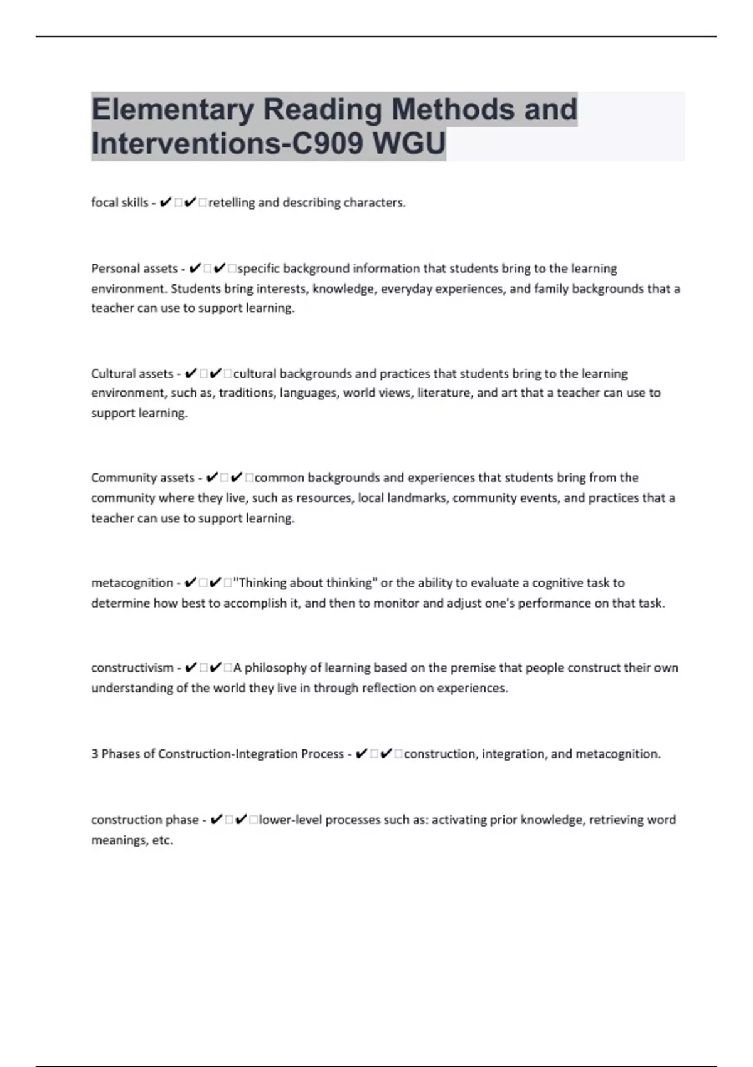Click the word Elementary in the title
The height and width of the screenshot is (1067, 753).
[171, 109]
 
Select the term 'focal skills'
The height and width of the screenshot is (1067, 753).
[120, 203]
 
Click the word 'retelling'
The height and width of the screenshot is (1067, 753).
[231, 203]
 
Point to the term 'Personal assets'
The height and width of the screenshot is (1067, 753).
[134, 269]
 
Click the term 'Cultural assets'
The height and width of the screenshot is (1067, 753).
[132, 373]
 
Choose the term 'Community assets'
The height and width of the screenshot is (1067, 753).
[142, 478]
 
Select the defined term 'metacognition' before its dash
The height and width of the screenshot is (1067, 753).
[132, 583]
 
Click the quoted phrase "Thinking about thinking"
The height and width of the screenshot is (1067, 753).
[305, 583]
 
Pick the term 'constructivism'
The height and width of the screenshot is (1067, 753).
[132, 668]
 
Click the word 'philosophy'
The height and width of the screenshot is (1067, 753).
[275, 668]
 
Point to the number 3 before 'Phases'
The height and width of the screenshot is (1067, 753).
[95, 754]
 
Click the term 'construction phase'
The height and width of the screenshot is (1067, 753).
[144, 820]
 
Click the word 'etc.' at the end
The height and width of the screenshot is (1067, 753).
[163, 840]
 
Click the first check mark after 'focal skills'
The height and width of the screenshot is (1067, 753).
[166, 203]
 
